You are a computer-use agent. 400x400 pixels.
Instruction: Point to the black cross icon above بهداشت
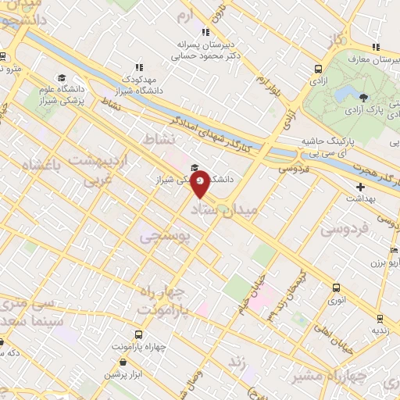coord(360,187)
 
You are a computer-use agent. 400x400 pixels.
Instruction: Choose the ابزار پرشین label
coord(126,374)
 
